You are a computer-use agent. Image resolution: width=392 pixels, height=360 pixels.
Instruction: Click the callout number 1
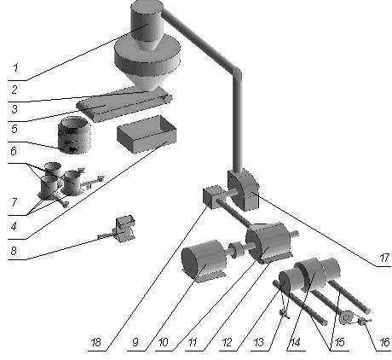(x=16, y=67)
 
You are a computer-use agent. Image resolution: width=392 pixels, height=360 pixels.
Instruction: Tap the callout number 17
(x=383, y=258)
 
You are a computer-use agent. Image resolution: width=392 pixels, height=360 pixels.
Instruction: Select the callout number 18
(x=95, y=342)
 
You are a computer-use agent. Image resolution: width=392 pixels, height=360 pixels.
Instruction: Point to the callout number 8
(x=14, y=251)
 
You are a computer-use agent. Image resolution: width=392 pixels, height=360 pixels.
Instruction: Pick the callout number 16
(x=384, y=342)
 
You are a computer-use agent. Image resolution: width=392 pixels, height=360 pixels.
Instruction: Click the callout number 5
(x=14, y=129)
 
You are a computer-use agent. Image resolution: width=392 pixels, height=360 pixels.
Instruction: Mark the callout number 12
(x=227, y=342)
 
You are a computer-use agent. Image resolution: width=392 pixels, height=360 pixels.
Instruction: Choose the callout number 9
(x=135, y=342)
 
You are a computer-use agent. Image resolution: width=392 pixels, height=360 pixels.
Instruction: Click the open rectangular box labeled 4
(x=147, y=134)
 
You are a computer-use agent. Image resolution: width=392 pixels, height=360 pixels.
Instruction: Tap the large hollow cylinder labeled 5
(x=74, y=136)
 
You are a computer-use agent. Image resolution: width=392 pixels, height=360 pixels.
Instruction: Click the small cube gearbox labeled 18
(x=212, y=195)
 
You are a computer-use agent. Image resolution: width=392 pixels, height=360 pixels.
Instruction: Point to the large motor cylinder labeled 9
(x=202, y=260)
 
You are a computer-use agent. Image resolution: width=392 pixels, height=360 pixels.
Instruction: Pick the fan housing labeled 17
(x=244, y=189)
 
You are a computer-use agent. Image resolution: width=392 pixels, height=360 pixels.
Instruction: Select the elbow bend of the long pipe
(x=237, y=71)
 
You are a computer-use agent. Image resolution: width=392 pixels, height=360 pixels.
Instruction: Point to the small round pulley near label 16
(x=345, y=317)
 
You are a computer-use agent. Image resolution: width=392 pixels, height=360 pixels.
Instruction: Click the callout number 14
(x=295, y=342)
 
